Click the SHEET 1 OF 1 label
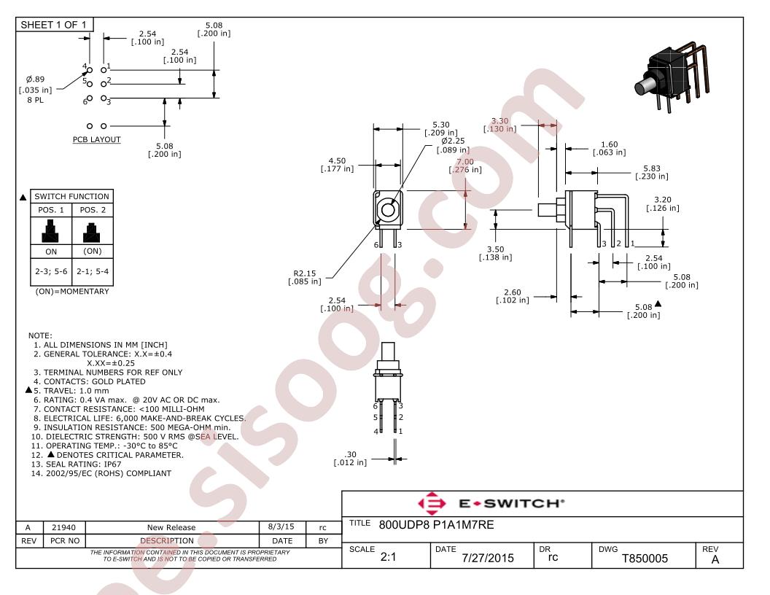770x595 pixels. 53,25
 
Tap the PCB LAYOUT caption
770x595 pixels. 97,139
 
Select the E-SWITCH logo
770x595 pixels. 491,503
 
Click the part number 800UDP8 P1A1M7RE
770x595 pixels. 436,525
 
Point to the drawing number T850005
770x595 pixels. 645,559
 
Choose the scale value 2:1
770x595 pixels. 388,556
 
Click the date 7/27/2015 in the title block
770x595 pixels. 488,559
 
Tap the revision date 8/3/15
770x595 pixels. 281,526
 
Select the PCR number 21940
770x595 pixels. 64,527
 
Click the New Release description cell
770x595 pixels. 171,527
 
